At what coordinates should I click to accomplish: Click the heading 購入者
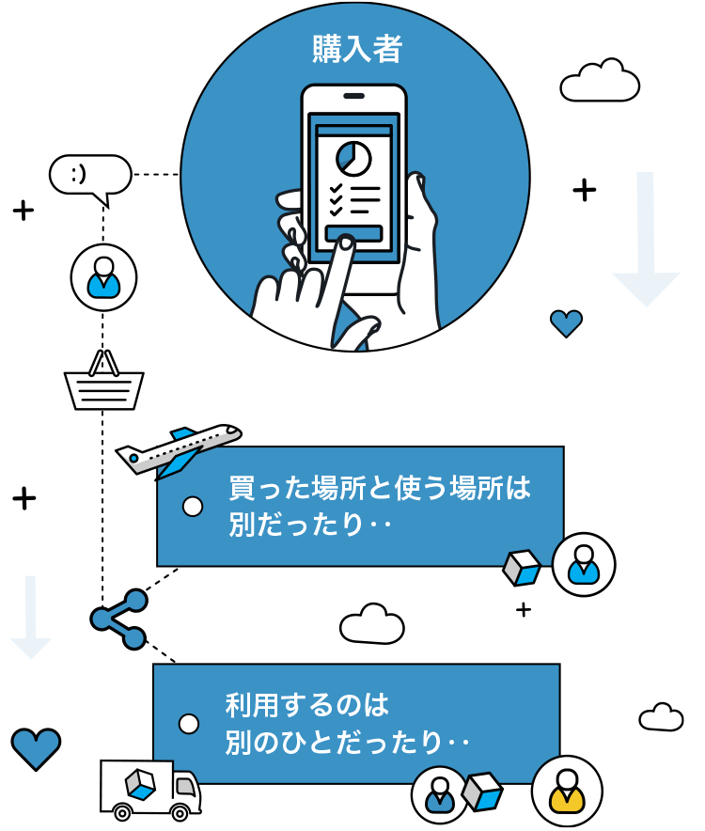[356, 49]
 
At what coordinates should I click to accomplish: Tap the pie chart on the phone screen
[353, 158]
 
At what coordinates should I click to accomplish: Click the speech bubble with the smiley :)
[90, 175]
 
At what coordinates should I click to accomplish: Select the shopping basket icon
[103, 384]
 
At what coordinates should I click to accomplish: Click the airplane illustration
[179, 448]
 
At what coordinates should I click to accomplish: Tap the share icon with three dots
[119, 619]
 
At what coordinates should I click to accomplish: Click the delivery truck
[150, 787]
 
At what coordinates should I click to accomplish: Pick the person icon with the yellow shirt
[566, 791]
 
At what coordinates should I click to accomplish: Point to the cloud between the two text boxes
[372, 624]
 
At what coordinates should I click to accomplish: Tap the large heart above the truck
[36, 747]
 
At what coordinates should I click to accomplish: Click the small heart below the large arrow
[566, 323]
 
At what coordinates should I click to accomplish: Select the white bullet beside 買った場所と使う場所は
[193, 507]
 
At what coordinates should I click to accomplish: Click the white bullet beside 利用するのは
[189, 724]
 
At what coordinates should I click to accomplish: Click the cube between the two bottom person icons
[482, 791]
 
